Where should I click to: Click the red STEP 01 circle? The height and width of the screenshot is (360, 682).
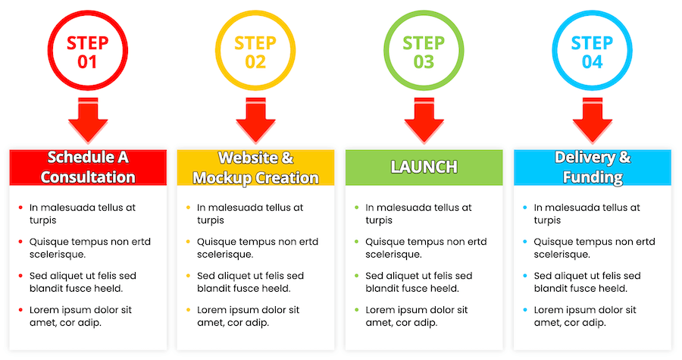click(x=88, y=51)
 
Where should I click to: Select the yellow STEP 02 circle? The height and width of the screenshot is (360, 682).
click(x=256, y=51)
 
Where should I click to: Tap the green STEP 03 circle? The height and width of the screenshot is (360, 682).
click(x=424, y=51)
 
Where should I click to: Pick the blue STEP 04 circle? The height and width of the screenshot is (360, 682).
click(x=593, y=51)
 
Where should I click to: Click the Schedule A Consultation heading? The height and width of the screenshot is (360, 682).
click(x=88, y=167)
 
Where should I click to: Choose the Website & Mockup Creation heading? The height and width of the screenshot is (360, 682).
click(x=256, y=167)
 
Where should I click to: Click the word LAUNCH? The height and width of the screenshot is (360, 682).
click(x=424, y=167)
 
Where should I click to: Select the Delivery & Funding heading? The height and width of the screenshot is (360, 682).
click(x=593, y=167)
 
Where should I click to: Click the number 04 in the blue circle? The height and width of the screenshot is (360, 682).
click(x=593, y=62)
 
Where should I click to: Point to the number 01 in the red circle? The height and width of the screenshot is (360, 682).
click(x=88, y=62)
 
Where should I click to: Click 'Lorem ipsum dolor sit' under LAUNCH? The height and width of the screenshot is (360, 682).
click(x=417, y=310)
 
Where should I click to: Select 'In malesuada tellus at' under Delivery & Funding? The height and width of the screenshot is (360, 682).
click(x=587, y=207)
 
